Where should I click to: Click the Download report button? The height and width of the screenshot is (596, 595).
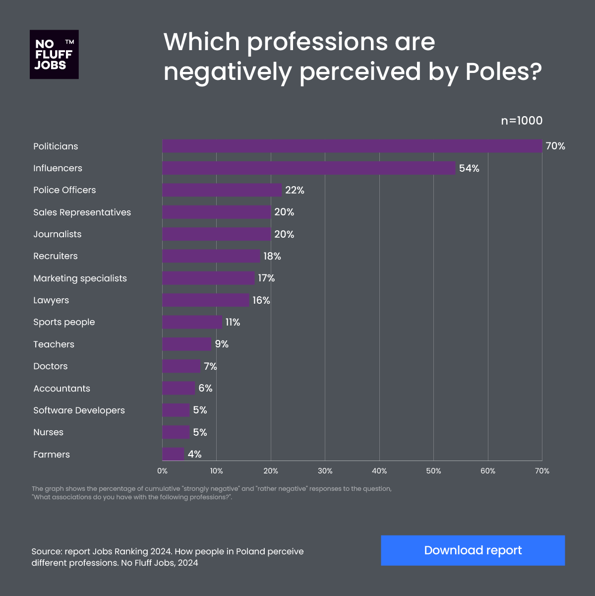pyautogui.click(x=473, y=550)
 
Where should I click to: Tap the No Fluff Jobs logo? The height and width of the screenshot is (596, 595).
pyautogui.click(x=54, y=55)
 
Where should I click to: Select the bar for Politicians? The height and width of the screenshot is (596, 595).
pyautogui.click(x=352, y=146)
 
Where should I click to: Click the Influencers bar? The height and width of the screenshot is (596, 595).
pyautogui.click(x=308, y=168)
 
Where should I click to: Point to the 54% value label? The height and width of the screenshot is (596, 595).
pyautogui.click(x=469, y=168)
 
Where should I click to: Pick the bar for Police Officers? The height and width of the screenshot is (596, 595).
pyautogui.click(x=222, y=190)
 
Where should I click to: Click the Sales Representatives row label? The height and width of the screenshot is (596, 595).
pyautogui.click(x=82, y=212)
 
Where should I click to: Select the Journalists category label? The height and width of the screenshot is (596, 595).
pyautogui.click(x=57, y=234)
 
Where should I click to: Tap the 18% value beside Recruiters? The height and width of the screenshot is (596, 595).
pyautogui.click(x=272, y=256)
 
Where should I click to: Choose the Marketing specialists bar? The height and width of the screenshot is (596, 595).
pyautogui.click(x=208, y=278)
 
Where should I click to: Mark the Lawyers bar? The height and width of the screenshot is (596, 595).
pyautogui.click(x=205, y=300)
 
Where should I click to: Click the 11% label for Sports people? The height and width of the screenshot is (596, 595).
pyautogui.click(x=233, y=323)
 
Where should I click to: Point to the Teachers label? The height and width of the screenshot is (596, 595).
pyautogui.click(x=54, y=344)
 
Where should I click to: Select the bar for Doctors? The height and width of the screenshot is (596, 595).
pyautogui.click(x=181, y=366)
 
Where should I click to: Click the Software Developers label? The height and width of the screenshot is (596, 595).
pyautogui.click(x=79, y=410)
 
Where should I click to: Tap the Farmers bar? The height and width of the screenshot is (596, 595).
pyautogui.click(x=173, y=454)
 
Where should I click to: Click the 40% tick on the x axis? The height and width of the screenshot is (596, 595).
pyautogui.click(x=379, y=471)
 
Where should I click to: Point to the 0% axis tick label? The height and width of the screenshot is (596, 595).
pyautogui.click(x=162, y=471)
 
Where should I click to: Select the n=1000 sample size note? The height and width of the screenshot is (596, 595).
pyautogui.click(x=522, y=121)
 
